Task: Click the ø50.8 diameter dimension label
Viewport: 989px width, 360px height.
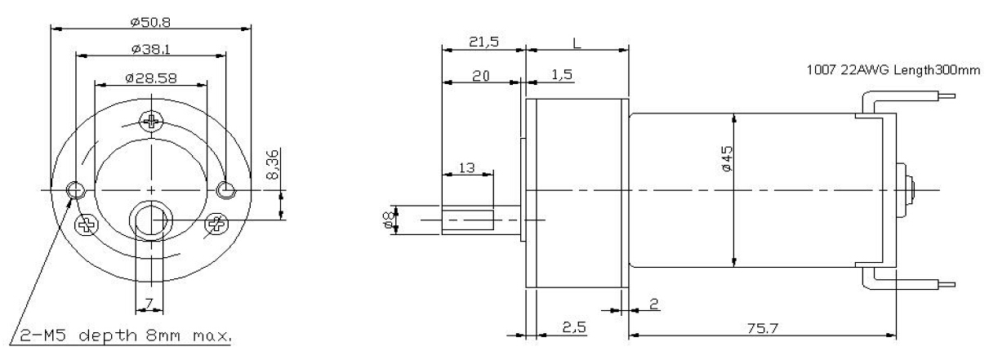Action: pyautogui.click(x=150, y=21)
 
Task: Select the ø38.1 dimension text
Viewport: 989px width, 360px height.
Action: pyautogui.click(x=151, y=49)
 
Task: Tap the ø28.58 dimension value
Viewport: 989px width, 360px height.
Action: pyautogui.click(x=151, y=78)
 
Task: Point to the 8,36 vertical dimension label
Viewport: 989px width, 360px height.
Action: pyautogui.click(x=274, y=165)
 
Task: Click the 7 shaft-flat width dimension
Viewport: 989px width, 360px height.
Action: pyautogui.click(x=149, y=303)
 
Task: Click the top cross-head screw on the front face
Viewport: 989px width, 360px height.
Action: pyautogui.click(x=152, y=121)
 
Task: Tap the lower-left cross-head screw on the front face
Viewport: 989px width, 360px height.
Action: pyautogui.click(x=87, y=225)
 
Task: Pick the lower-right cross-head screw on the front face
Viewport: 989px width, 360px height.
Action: pyautogui.click(x=216, y=224)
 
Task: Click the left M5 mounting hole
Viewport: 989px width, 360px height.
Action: pyautogui.click(x=75, y=190)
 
